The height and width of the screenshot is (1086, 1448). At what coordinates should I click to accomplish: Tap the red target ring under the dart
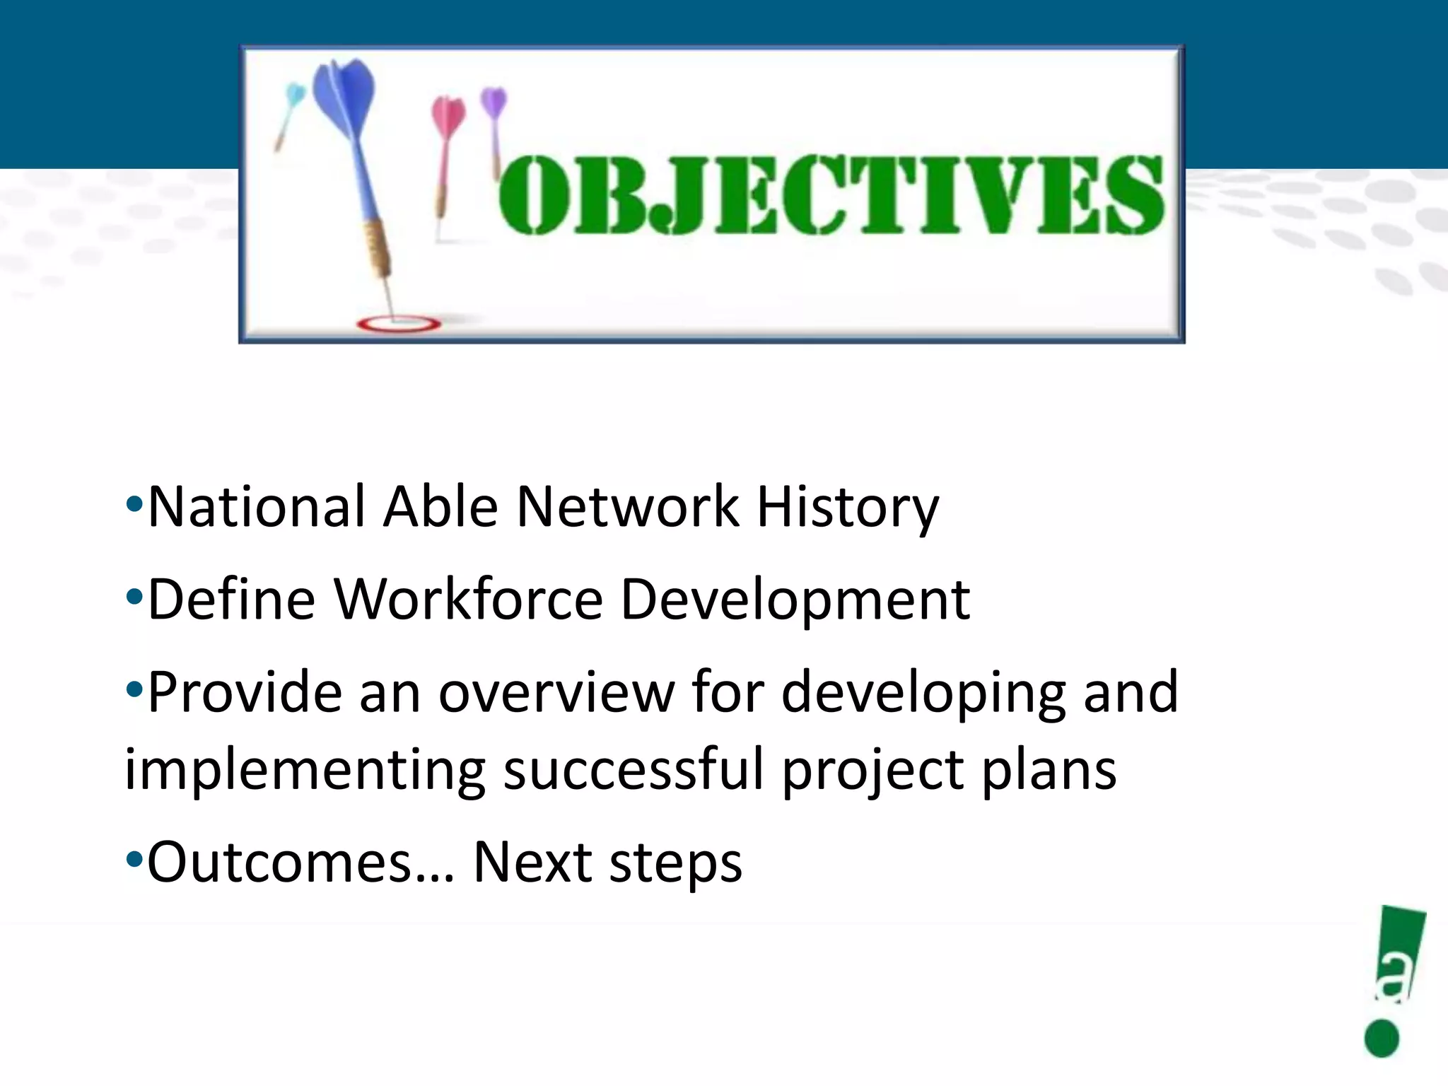tap(399, 325)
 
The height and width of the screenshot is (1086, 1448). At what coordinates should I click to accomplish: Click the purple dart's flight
tap(494, 103)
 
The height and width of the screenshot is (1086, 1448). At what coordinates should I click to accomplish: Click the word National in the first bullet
tap(256, 507)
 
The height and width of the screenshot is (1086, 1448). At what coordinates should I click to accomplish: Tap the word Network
tap(628, 507)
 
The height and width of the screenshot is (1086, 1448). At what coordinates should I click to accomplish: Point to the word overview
tap(556, 692)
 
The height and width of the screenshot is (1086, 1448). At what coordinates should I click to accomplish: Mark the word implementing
tap(305, 771)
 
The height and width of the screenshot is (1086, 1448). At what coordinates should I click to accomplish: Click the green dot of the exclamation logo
tap(1382, 1038)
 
